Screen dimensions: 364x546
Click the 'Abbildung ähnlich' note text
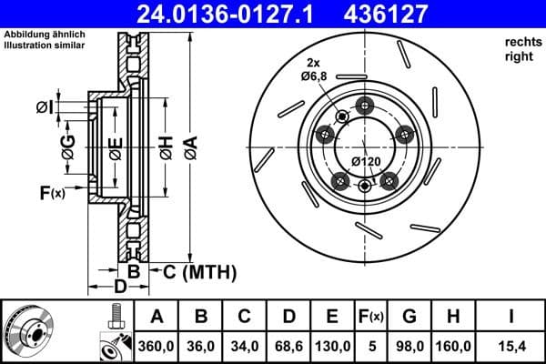(x=45, y=35)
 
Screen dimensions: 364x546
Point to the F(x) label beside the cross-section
(x=52, y=192)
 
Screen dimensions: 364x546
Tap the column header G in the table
(x=409, y=316)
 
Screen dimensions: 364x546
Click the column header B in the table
(x=200, y=316)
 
